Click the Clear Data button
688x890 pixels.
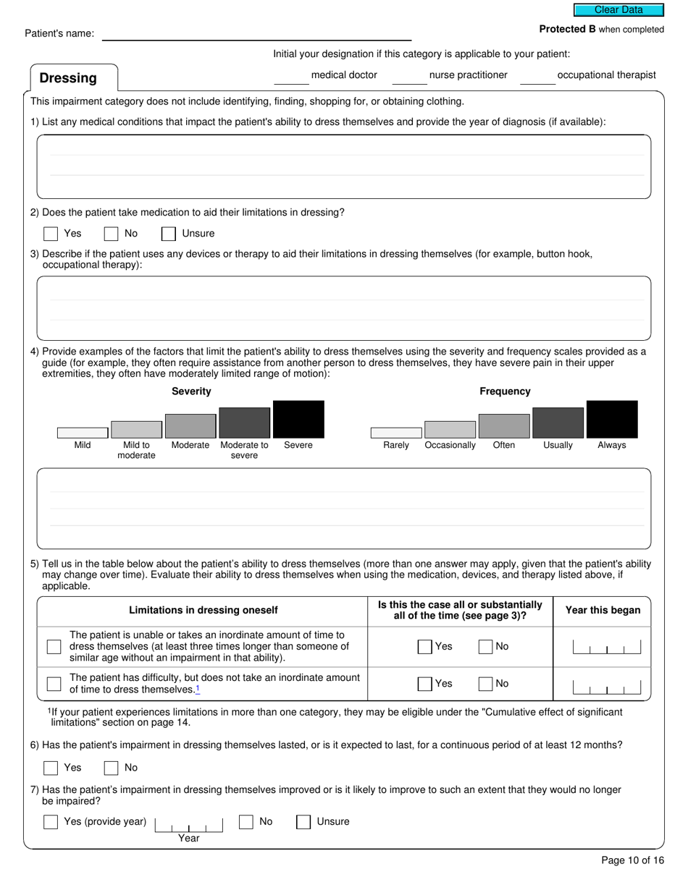618,10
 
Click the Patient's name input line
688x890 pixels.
256,34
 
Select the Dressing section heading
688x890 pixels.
68,78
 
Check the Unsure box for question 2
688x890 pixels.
169,234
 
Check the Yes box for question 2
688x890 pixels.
51,234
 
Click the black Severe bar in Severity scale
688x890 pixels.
298,420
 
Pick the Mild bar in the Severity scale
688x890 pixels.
83,433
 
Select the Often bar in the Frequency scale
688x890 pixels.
504,426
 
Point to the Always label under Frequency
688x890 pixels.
611,446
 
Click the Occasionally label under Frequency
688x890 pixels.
450,446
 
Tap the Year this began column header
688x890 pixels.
603,611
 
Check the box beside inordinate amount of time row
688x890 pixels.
54,647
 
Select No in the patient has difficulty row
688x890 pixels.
485,684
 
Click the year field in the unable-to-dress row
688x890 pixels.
606,647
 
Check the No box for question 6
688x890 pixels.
112,768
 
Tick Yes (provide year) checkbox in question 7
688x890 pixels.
51,822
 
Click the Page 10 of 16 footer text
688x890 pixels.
632,860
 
